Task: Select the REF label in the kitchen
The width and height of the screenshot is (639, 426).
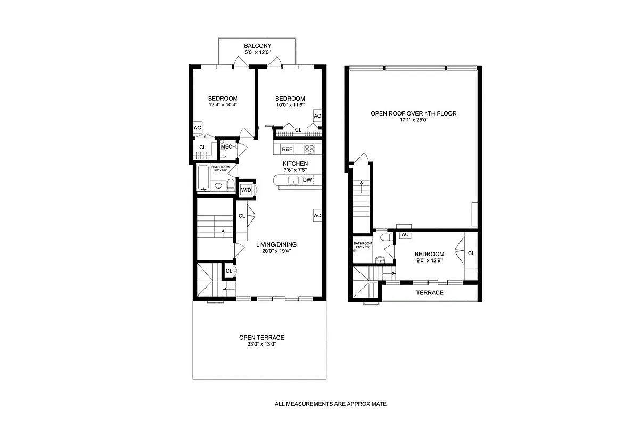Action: [x=287, y=149]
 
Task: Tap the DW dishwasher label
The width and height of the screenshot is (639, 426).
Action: [x=307, y=180]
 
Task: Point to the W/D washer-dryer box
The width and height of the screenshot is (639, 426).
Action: [x=246, y=190]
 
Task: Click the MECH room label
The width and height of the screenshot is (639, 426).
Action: [x=228, y=147]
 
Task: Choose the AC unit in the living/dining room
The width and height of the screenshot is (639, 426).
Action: [x=317, y=215]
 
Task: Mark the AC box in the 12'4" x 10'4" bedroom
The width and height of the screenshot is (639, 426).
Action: [x=198, y=128]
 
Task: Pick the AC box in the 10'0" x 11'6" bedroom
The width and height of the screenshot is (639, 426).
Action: [x=317, y=116]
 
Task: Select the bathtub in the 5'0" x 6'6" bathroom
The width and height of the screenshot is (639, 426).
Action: [x=203, y=179]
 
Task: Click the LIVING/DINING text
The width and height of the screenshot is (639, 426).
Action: [x=276, y=245]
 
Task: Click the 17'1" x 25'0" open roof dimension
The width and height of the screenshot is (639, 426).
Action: [x=414, y=120]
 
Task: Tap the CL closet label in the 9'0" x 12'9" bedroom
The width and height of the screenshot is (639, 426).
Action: [x=471, y=253]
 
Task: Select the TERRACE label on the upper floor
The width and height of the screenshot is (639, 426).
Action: [x=430, y=293]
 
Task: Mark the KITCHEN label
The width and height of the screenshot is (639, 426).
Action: [x=295, y=163]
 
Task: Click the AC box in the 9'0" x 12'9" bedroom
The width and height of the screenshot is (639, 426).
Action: [x=405, y=235]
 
